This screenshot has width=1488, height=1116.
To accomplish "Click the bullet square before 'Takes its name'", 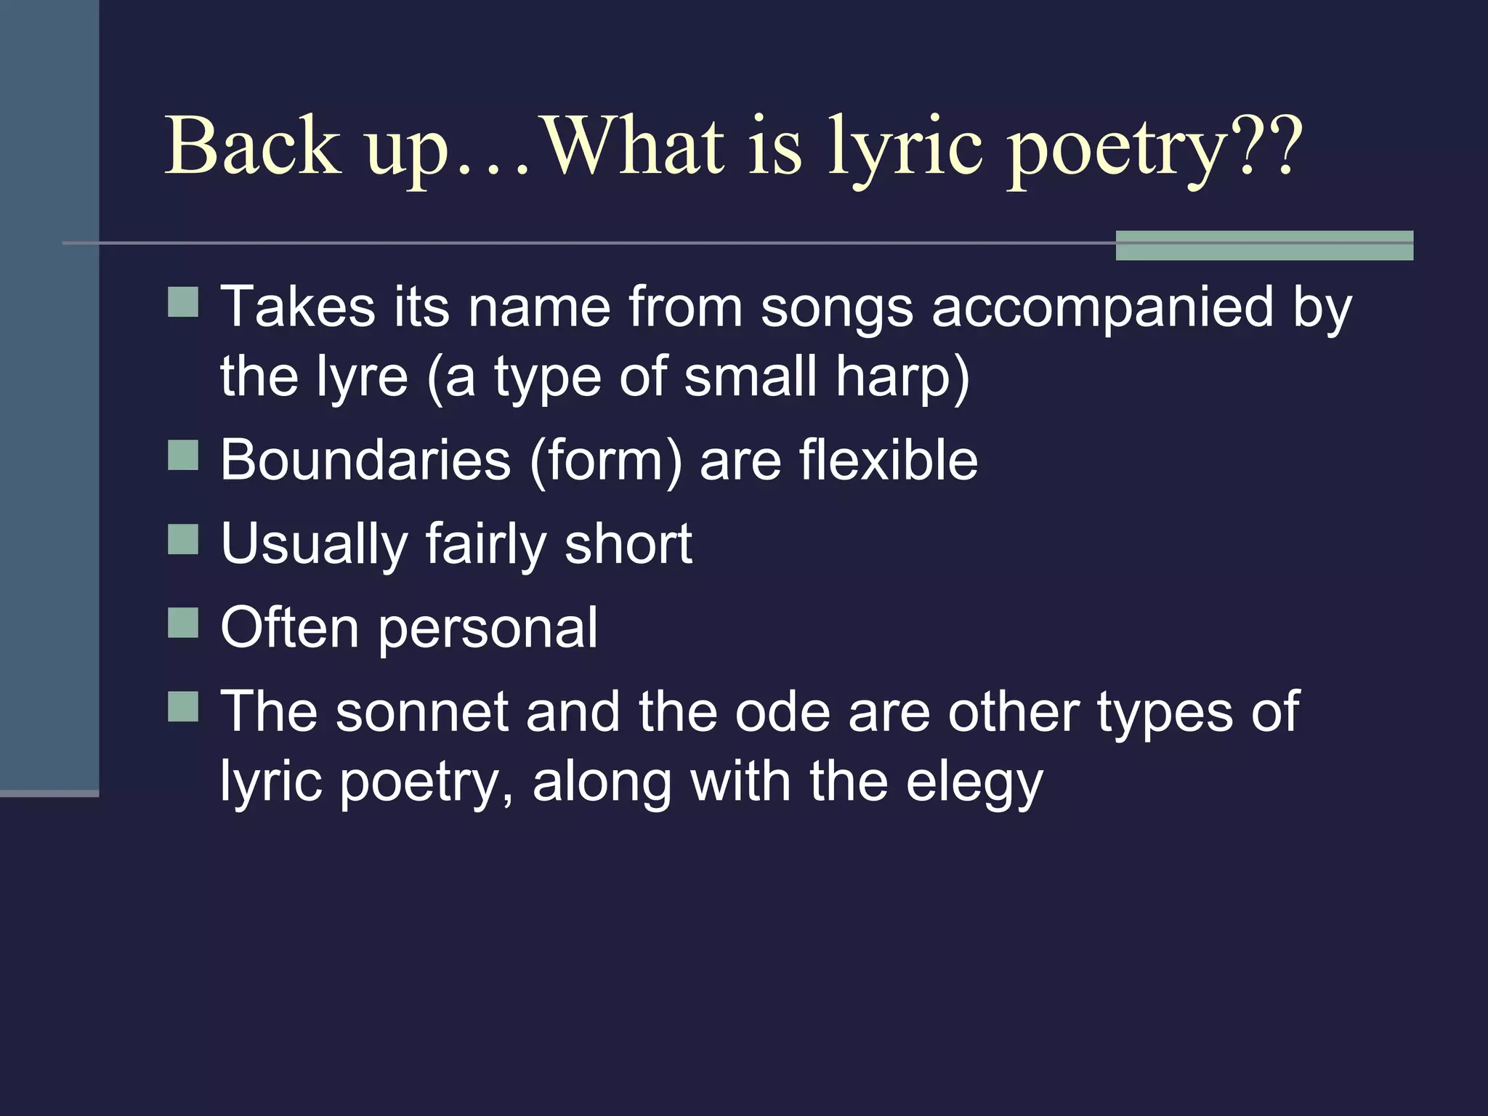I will click(x=183, y=302).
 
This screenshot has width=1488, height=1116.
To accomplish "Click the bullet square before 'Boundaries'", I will click(x=183, y=456).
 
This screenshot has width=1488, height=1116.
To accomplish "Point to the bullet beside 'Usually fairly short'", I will click(x=183, y=539).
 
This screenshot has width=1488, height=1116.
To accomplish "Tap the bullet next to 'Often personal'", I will click(x=183, y=623).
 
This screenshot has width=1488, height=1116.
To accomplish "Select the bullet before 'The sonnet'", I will click(x=183, y=706).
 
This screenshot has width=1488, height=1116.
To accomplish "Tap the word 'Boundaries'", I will click(x=366, y=460).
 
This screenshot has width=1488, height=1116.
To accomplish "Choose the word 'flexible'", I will click(x=888, y=460).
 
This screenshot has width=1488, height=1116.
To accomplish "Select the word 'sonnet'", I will click(x=421, y=712).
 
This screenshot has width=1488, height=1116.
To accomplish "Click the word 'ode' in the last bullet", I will click(x=783, y=712).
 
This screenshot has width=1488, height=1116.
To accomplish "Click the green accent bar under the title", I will click(x=1264, y=246).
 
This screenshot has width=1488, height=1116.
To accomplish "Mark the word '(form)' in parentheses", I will click(x=605, y=461).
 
